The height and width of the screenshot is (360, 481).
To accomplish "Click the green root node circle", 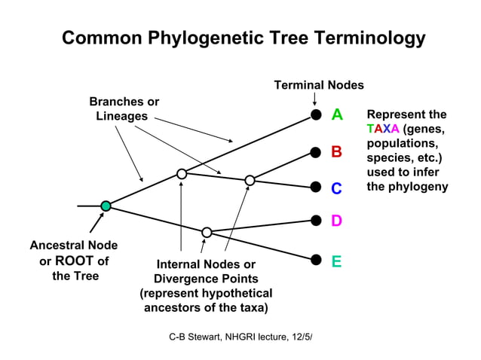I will click(x=106, y=206).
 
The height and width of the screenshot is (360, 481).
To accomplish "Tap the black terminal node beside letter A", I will click(x=316, y=114).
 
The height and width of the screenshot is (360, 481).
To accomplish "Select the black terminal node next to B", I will click(x=316, y=152).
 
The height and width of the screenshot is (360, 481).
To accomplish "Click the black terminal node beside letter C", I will click(x=316, y=188).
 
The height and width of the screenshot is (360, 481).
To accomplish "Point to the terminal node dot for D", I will click(x=316, y=221).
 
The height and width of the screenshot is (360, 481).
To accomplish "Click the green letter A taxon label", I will click(x=337, y=114).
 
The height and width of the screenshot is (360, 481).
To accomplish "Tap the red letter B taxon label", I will click(x=337, y=152).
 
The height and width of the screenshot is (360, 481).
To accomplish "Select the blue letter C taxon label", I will click(x=337, y=188).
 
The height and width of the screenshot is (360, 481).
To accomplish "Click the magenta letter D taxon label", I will click(x=337, y=221).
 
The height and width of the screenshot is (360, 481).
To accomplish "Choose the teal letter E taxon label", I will click(x=337, y=261).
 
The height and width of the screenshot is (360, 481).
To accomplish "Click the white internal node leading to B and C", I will click(x=250, y=180).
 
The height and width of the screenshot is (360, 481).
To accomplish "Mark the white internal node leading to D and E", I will click(x=207, y=232).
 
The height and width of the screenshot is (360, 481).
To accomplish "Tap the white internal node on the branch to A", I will click(x=182, y=174).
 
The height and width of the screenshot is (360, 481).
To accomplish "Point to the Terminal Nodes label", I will click(x=318, y=85).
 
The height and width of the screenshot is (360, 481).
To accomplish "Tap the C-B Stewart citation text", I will click(x=240, y=334).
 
